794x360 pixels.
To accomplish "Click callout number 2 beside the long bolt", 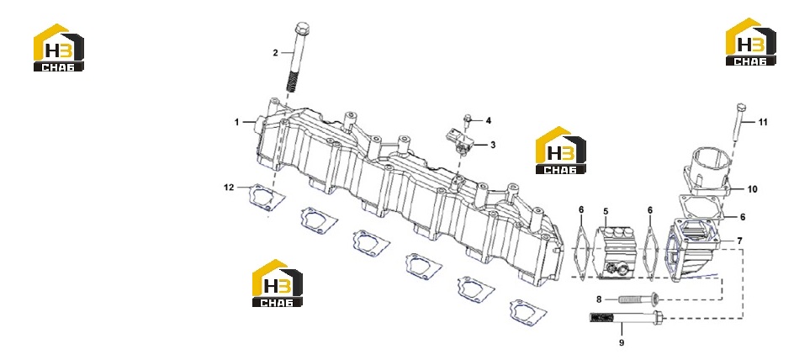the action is point(276,53).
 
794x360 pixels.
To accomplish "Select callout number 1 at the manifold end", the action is point(236,122).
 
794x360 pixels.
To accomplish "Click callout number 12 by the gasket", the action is point(230,188).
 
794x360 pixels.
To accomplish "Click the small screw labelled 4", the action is point(468,121).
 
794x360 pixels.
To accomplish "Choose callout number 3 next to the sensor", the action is point(493,146).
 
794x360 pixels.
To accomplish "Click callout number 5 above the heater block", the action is point(605,210).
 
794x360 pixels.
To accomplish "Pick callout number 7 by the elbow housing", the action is point(739,241).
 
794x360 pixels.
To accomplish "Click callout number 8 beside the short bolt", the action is point(599,299).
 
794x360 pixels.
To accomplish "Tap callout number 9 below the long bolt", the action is point(622,343).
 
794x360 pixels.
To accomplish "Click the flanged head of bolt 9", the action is point(657,318).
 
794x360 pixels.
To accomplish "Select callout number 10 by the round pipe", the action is point(753,189).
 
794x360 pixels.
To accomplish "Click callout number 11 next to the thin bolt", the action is point(763,122).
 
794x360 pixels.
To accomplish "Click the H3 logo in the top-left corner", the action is point(59,47).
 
